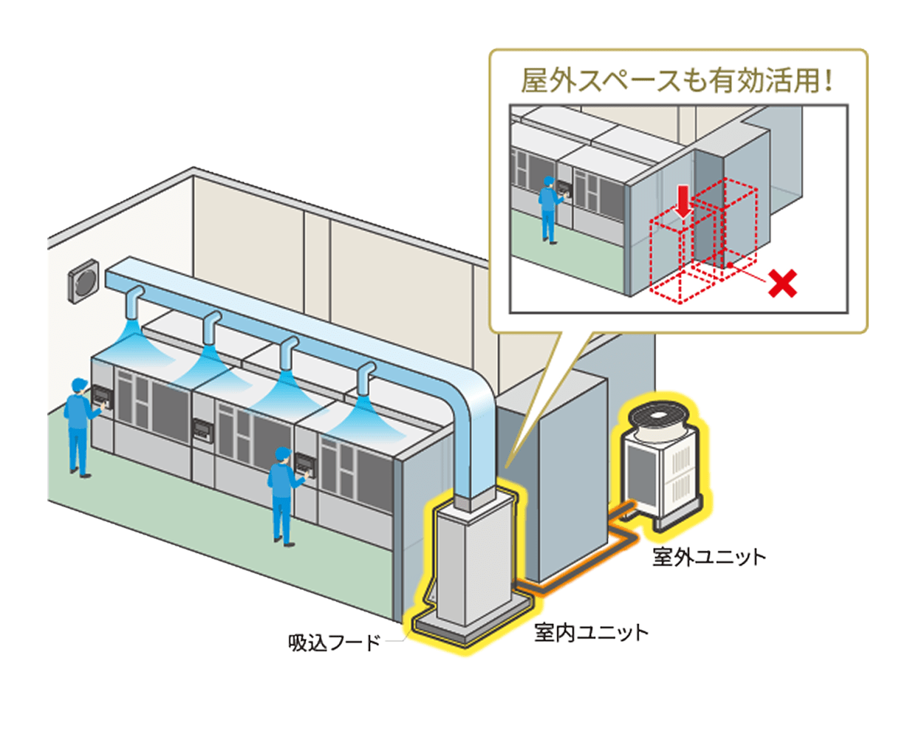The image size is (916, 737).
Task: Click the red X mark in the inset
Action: (782, 283)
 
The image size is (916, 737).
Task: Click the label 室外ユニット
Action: (708, 556)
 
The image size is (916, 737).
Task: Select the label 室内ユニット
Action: (590, 632)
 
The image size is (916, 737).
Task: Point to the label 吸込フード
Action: (334, 642)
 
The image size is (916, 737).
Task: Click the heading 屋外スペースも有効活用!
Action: (677, 80)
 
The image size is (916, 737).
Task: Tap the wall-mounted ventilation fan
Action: (83, 281)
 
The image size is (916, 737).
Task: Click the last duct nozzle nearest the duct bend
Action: (364, 381)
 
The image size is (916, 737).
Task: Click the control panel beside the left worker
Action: (103, 400)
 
